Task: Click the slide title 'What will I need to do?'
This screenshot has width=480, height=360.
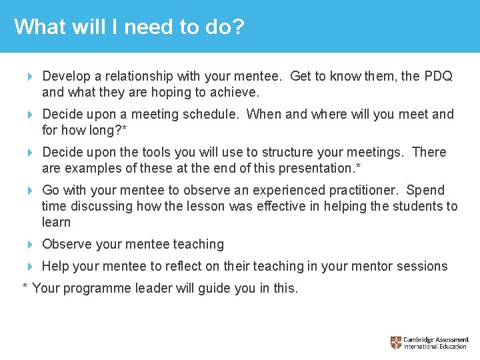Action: (129, 27)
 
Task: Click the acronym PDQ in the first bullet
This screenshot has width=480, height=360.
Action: (437, 76)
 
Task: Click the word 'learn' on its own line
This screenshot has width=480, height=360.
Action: (56, 222)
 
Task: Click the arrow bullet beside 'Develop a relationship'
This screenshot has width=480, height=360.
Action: (30, 77)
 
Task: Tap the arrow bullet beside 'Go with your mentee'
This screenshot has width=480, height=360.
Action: (30, 191)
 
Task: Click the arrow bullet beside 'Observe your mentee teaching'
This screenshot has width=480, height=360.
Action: (30, 245)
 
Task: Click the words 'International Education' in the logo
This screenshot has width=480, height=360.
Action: (437, 347)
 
